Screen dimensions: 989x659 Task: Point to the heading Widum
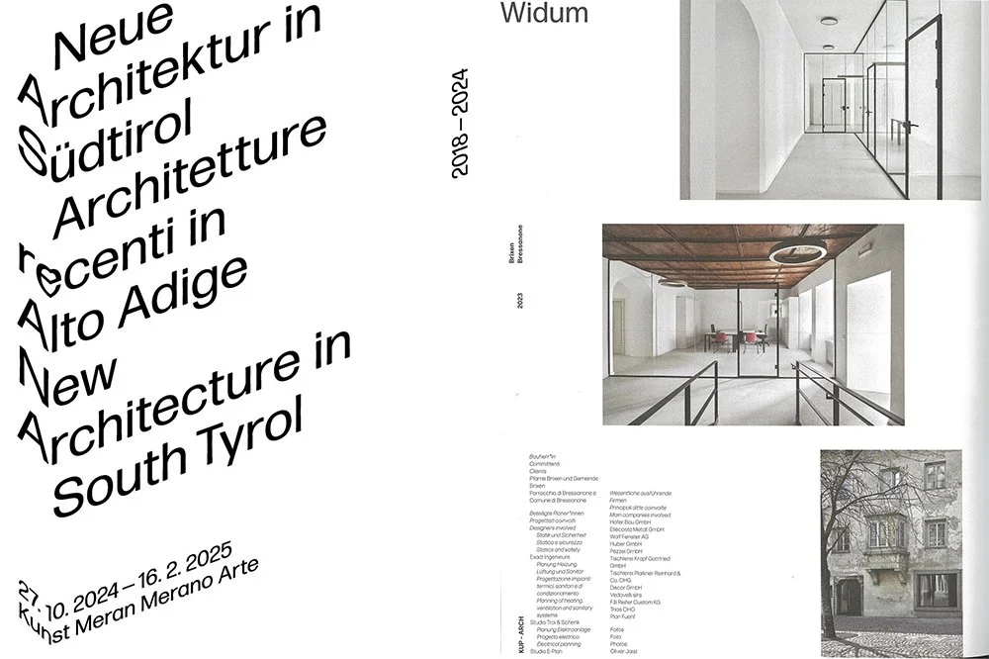pyautogui.click(x=544, y=13)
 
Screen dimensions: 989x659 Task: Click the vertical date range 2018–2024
pyautogui.click(x=459, y=123)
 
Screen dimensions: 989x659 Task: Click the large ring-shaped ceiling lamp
pyautogui.click(x=797, y=251)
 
